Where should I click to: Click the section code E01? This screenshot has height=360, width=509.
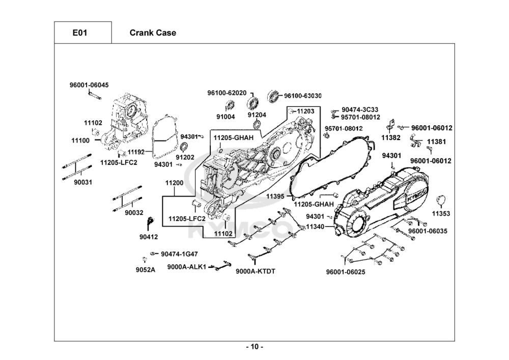[x=79, y=33]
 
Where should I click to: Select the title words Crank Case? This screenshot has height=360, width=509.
[x=153, y=33]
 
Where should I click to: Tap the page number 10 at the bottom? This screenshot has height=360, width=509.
[x=254, y=347]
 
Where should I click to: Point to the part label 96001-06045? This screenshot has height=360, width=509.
[x=89, y=86]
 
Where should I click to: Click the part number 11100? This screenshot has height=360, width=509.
[x=80, y=140]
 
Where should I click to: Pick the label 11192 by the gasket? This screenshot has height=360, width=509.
[x=136, y=152]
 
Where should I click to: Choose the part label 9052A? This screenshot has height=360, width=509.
[x=145, y=270]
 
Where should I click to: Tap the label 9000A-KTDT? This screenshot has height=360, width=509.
[x=255, y=271]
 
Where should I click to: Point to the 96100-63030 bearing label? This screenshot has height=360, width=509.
[x=303, y=96]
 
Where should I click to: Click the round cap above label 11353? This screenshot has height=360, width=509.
[x=441, y=199]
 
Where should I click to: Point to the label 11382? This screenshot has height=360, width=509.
[x=391, y=137]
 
